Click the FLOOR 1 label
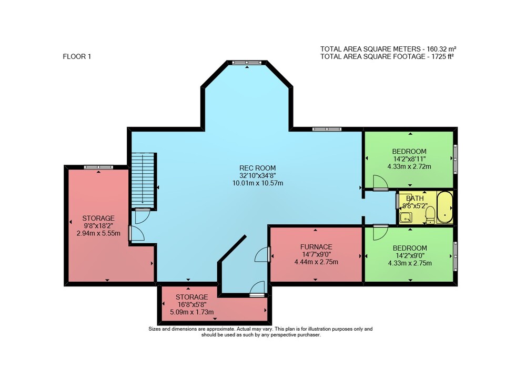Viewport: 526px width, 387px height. [77, 56]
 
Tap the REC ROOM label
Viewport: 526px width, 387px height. [258, 168]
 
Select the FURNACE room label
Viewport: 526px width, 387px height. [316, 247]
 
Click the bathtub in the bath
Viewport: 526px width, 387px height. [445, 207]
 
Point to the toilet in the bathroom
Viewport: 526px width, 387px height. [430, 215]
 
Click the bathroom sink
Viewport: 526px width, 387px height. [406, 217]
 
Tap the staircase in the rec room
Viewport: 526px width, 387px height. [143, 181]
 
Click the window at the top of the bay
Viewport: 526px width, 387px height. [247, 62]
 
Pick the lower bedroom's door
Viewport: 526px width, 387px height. [380, 232]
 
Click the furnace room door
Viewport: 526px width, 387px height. [262, 254]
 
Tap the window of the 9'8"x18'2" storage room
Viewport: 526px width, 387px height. [98, 167]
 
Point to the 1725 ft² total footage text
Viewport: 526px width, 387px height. [442, 56]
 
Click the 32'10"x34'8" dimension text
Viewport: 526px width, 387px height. [258, 175]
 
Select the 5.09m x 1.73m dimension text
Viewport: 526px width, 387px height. [192, 312]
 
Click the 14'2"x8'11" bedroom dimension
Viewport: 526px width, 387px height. [409, 159]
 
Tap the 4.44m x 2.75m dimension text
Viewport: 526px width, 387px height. [316, 262]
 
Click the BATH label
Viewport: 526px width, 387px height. [415, 198]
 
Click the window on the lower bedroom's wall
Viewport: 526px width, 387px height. [455, 256]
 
